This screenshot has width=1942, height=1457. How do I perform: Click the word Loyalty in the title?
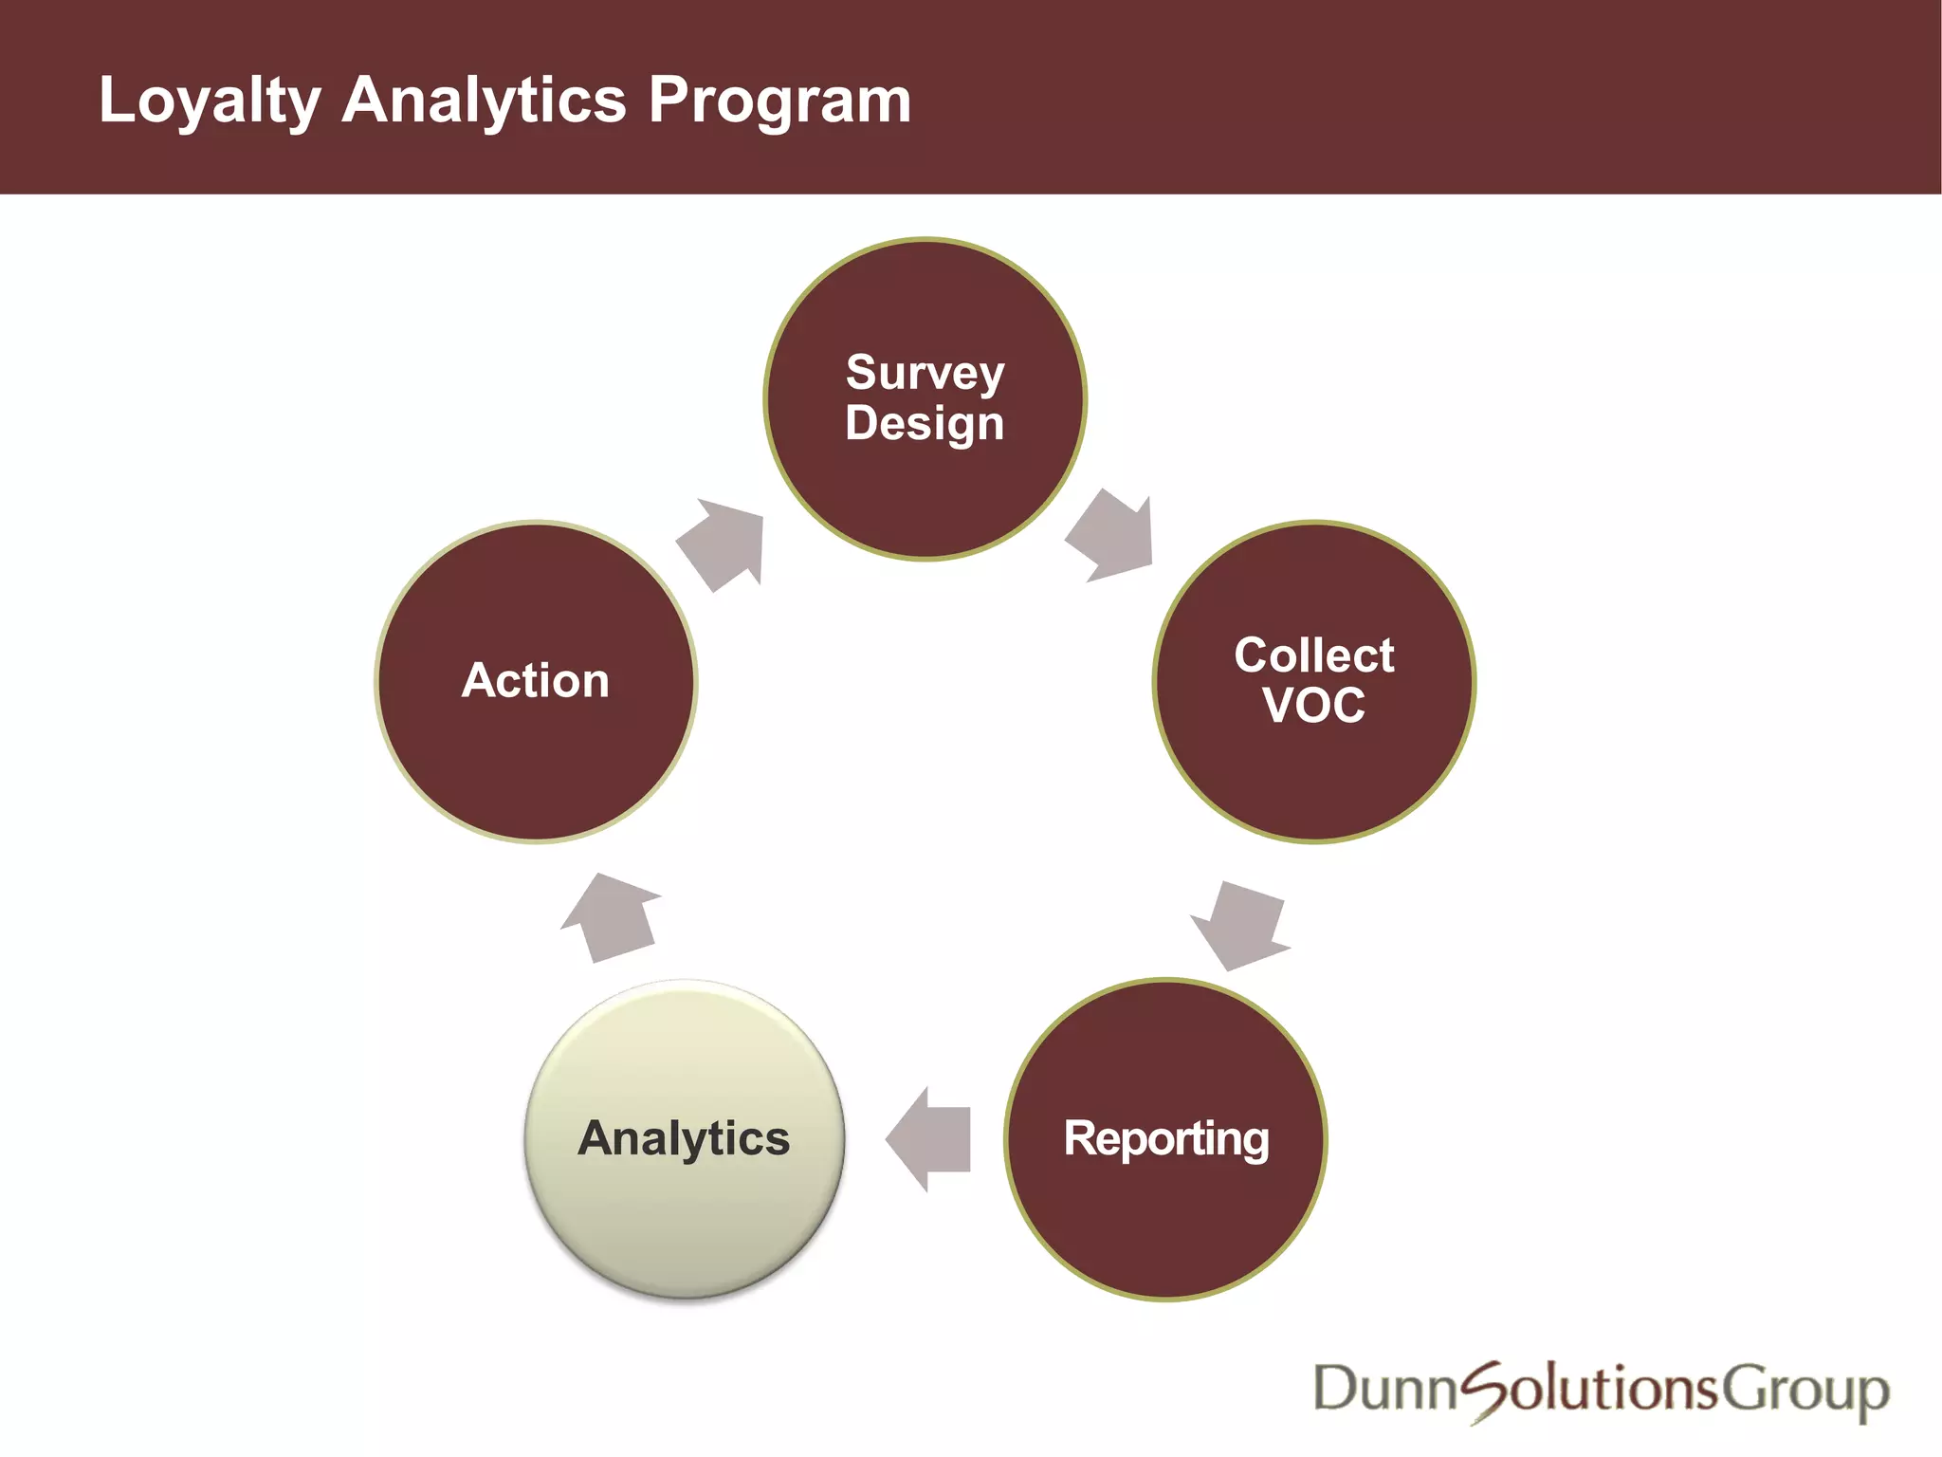(210, 101)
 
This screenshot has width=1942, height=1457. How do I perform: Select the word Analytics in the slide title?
(484, 101)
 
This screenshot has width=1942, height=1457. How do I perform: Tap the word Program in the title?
(779, 101)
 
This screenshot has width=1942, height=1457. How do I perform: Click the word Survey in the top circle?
(925, 373)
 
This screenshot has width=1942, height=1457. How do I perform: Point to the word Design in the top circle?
(925, 423)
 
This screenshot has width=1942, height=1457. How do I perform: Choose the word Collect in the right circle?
(1313, 655)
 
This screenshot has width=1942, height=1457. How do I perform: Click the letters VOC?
(1313, 706)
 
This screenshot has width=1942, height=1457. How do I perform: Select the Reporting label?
(1165, 1138)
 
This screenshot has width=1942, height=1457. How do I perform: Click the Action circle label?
(536, 680)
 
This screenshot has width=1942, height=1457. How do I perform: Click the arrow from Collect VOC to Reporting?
(1239, 926)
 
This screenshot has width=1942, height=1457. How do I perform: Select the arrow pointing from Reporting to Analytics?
(928, 1138)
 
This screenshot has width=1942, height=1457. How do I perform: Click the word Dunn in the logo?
(1383, 1390)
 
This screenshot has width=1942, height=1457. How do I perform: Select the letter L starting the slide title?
(116, 101)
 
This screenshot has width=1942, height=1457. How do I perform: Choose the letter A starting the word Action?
(479, 680)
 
